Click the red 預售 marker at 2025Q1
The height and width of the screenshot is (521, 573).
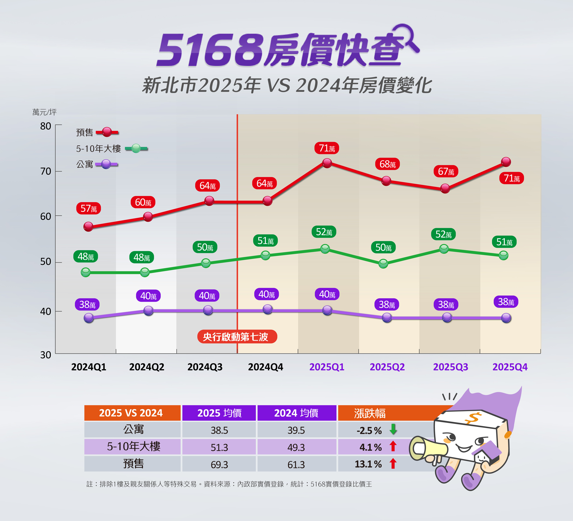[x=327, y=163]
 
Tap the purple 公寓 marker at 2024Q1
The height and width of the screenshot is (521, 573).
[x=89, y=318]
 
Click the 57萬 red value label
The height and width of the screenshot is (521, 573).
[x=88, y=208]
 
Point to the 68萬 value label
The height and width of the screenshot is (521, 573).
[x=387, y=164]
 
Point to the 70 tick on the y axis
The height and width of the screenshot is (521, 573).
[x=45, y=171]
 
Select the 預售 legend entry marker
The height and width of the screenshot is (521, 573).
[x=107, y=132]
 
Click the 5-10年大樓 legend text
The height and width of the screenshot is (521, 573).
[x=98, y=148]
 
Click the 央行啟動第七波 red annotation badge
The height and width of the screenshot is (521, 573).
[x=237, y=337]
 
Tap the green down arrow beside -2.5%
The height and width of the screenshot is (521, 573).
[x=393, y=429]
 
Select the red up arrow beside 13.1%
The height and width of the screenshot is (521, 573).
[x=393, y=464]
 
